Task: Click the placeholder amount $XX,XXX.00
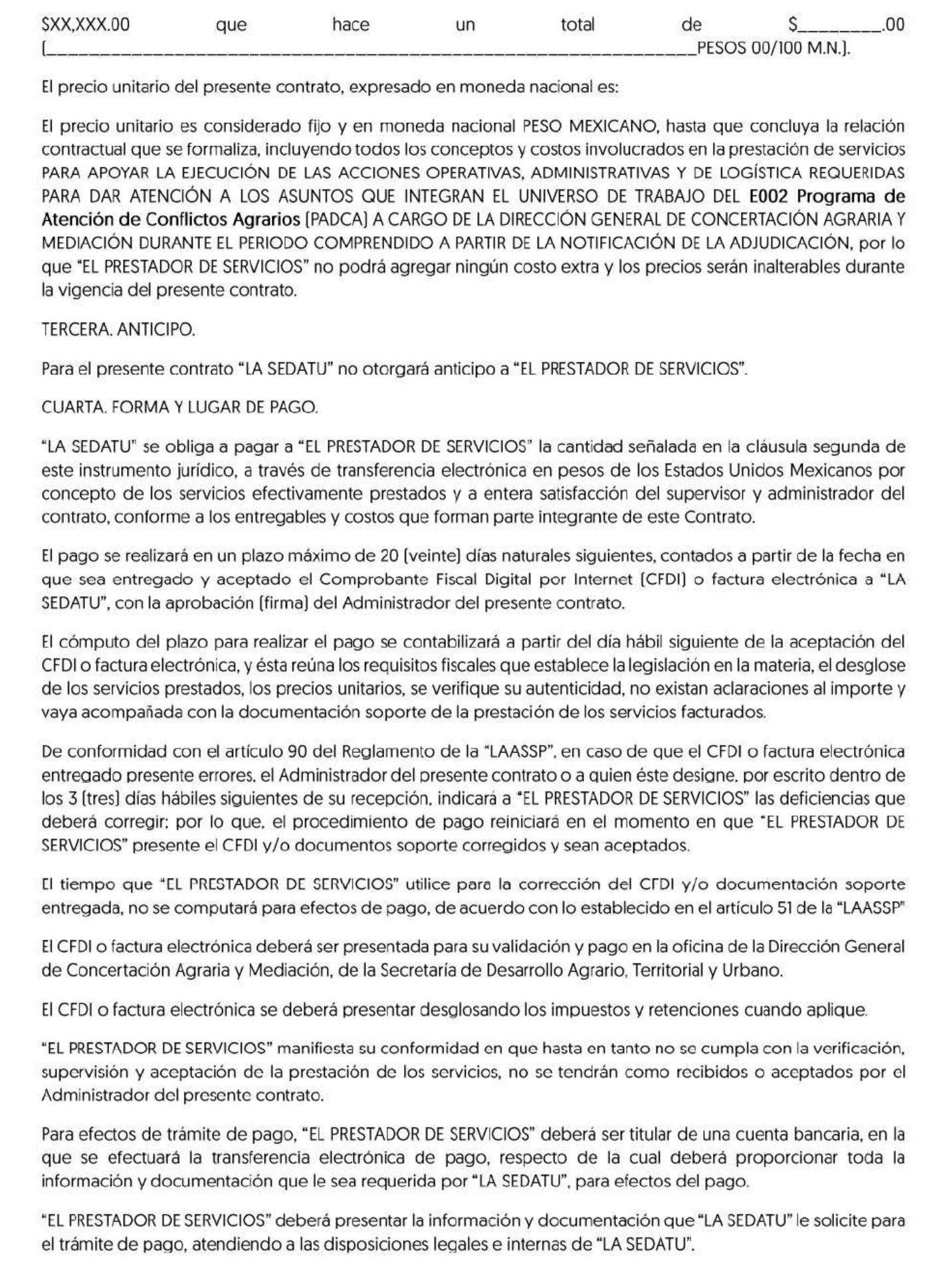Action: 86,25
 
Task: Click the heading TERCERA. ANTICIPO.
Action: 118,330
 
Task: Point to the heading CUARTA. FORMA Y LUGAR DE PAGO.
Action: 179,407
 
